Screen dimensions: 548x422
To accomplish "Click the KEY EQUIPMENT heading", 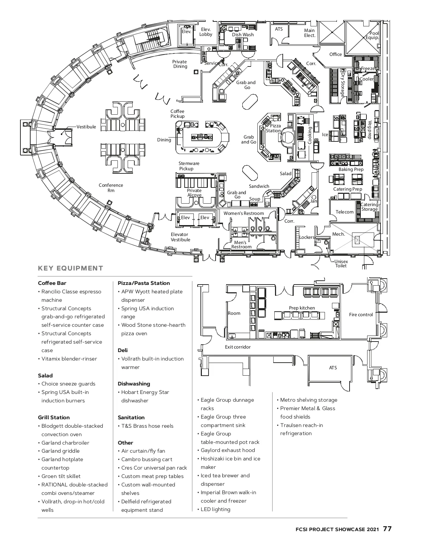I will coord(70,268).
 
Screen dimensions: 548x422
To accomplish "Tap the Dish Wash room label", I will coord(243,34).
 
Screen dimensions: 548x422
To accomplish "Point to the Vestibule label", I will coord(86,127).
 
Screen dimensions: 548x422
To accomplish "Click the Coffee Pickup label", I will coord(178,114).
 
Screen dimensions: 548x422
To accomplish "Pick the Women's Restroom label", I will coord(244,213).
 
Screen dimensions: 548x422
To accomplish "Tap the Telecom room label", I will coord(345,212).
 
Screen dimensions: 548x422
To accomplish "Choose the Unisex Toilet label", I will coord(341,263).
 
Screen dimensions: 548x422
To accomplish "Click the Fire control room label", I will coord(361,314).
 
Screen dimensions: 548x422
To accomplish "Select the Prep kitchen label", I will coord(302,308).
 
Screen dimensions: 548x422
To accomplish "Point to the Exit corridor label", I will coord(238,347).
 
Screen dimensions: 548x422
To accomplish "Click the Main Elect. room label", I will coord(310,33).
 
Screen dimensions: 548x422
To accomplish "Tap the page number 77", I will coord(387,529).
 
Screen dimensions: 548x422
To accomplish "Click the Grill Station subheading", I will coord(54,418).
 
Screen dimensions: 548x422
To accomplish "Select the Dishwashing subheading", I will coord(134,384).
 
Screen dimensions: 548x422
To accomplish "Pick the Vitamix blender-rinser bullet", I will coord(69,359).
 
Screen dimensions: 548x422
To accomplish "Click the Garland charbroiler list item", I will coord(65,443).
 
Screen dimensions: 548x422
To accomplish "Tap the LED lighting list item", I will coord(215,509).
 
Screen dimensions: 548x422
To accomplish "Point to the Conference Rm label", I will coord(111,188).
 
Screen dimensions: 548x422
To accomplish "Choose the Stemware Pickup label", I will coord(188,166).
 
